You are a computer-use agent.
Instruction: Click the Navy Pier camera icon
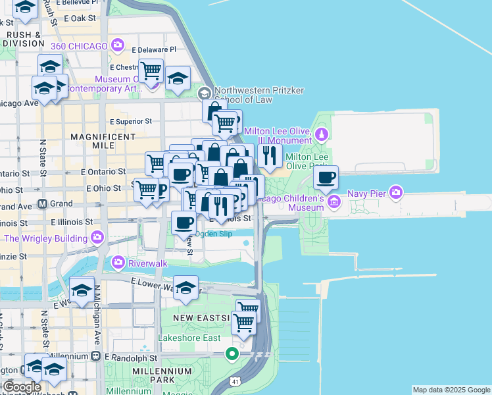[396, 192]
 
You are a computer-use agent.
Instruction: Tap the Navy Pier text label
[367, 192]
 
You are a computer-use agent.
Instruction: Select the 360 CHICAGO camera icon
[118, 45]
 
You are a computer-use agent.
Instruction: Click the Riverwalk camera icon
[118, 263]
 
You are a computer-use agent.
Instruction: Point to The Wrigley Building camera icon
[98, 236]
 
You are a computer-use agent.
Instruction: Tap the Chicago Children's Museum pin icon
[334, 200]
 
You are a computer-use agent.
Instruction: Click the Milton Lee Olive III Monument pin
[321, 136]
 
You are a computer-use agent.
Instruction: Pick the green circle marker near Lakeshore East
[232, 354]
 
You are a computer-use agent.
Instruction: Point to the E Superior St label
[131, 121]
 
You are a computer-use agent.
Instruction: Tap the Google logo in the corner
[21, 387]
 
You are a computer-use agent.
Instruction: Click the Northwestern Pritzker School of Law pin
[205, 94]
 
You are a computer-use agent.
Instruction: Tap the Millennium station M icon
[95, 357]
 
